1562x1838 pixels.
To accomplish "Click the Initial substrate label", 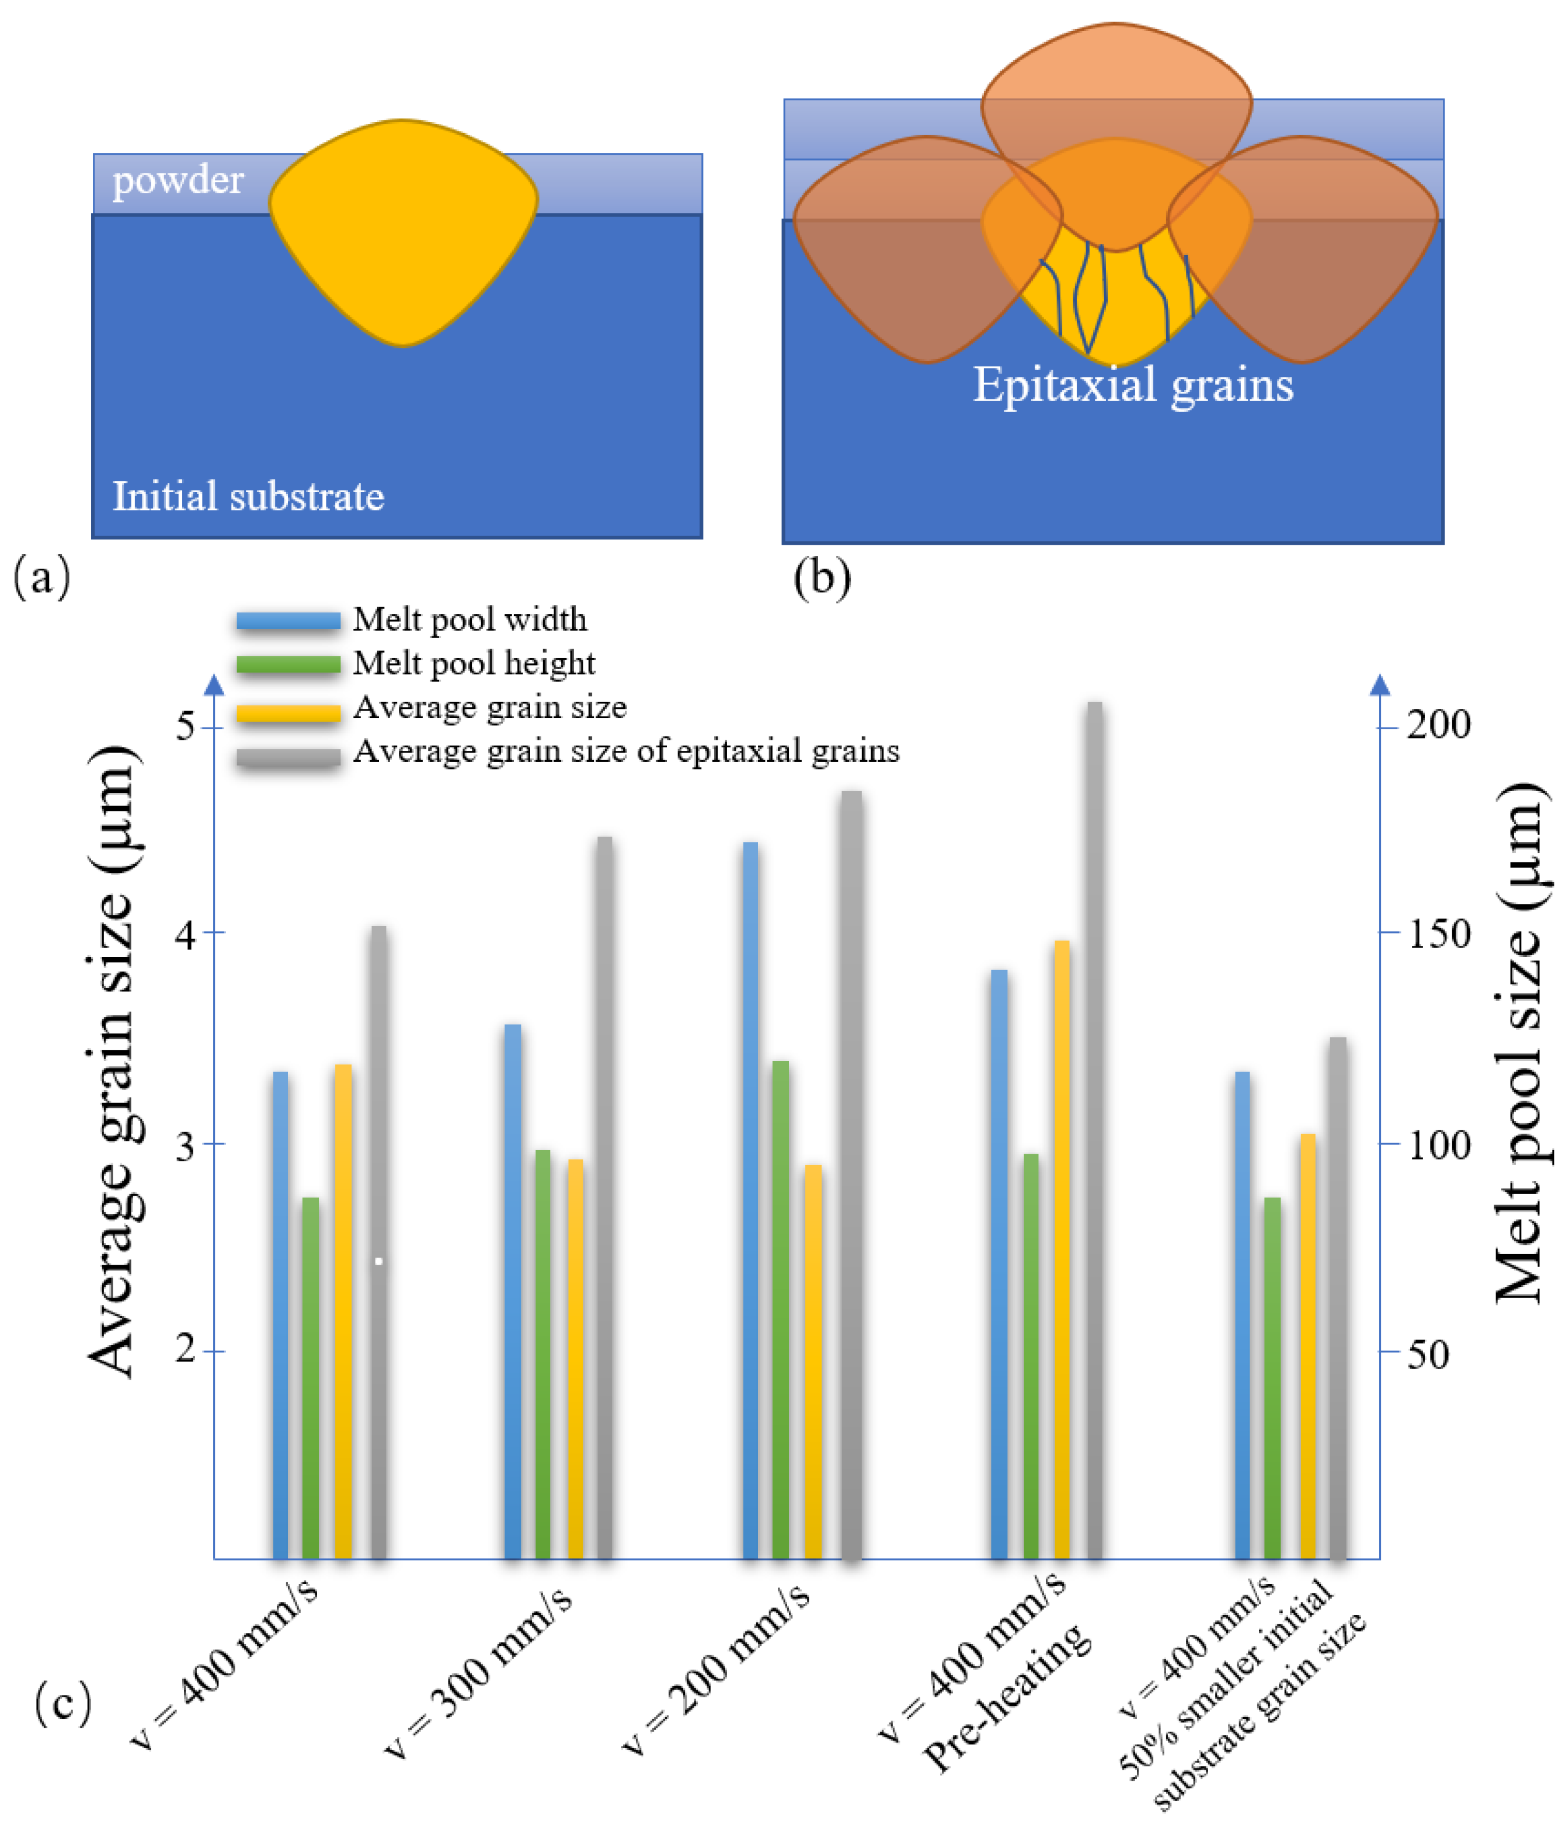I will click(x=248, y=496).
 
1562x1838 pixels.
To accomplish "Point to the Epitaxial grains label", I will click(x=1133, y=386).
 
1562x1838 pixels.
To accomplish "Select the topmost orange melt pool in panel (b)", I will click(x=1116, y=98).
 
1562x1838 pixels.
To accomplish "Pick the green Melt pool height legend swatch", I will click(x=288, y=664).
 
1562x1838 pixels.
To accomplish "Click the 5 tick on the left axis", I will click(x=186, y=726).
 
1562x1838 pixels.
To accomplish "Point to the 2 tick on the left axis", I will click(x=186, y=1350).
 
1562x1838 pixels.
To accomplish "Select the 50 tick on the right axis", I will click(x=1428, y=1355).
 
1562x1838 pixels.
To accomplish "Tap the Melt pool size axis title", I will click(x=1521, y=1045).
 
